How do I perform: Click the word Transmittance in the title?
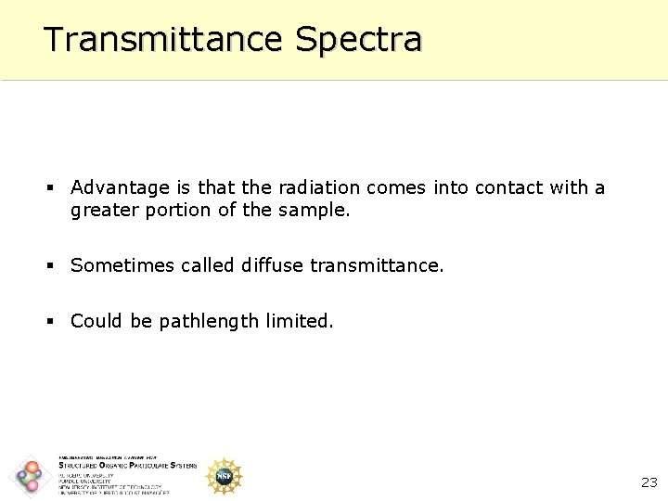[x=163, y=39]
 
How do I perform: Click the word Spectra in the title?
[x=358, y=39]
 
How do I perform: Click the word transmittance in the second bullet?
[x=377, y=265]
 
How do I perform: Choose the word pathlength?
[x=209, y=322]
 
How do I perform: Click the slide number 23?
[x=649, y=482]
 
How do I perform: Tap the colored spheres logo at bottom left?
[x=30, y=476]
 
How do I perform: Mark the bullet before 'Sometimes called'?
[x=52, y=266]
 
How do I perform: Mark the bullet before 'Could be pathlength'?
[x=52, y=322]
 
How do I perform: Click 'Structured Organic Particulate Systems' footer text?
[x=127, y=466]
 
